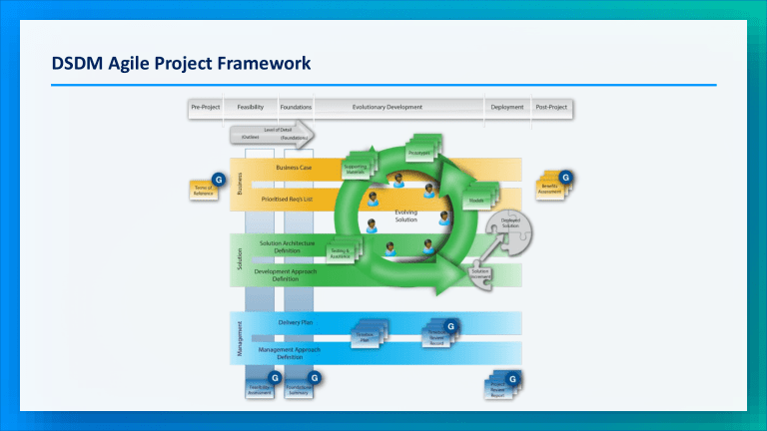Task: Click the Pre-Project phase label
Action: click(x=205, y=107)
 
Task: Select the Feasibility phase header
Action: click(x=244, y=107)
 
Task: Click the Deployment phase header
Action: click(x=507, y=107)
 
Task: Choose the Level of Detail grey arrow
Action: click(x=272, y=135)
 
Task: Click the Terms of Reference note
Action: click(x=204, y=192)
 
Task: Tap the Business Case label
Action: click(x=295, y=168)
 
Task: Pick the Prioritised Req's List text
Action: click(x=290, y=199)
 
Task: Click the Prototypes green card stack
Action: click(x=419, y=154)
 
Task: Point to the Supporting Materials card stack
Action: click(x=357, y=170)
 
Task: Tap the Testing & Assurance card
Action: click(x=341, y=254)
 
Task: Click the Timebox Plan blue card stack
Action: click(x=367, y=337)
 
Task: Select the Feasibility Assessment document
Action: click(x=260, y=390)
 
